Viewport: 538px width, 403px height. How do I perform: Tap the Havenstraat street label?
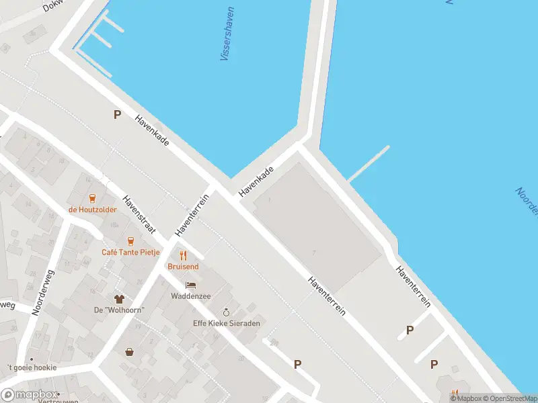coord(139,214)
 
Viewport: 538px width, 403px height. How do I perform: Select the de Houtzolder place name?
coord(92,209)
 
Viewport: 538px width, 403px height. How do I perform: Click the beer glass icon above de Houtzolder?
coord(92,198)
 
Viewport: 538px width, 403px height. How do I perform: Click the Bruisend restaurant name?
coord(182,266)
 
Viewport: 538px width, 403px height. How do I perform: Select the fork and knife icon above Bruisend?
coord(182,255)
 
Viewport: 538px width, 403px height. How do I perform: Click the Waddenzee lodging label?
coord(191,296)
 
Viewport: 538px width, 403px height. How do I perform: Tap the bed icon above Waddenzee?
coord(191,285)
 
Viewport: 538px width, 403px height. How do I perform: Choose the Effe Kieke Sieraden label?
coord(227,323)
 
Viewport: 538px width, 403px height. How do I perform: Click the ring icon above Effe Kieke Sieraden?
coord(227,312)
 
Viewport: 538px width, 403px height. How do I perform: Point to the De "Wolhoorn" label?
coord(119,310)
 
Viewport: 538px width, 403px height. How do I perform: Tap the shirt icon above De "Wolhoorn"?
coord(119,298)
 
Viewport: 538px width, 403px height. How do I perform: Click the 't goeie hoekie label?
coord(32,367)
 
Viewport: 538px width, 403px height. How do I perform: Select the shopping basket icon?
coord(128,351)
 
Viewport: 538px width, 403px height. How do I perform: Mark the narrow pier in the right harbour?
coord(369,163)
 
